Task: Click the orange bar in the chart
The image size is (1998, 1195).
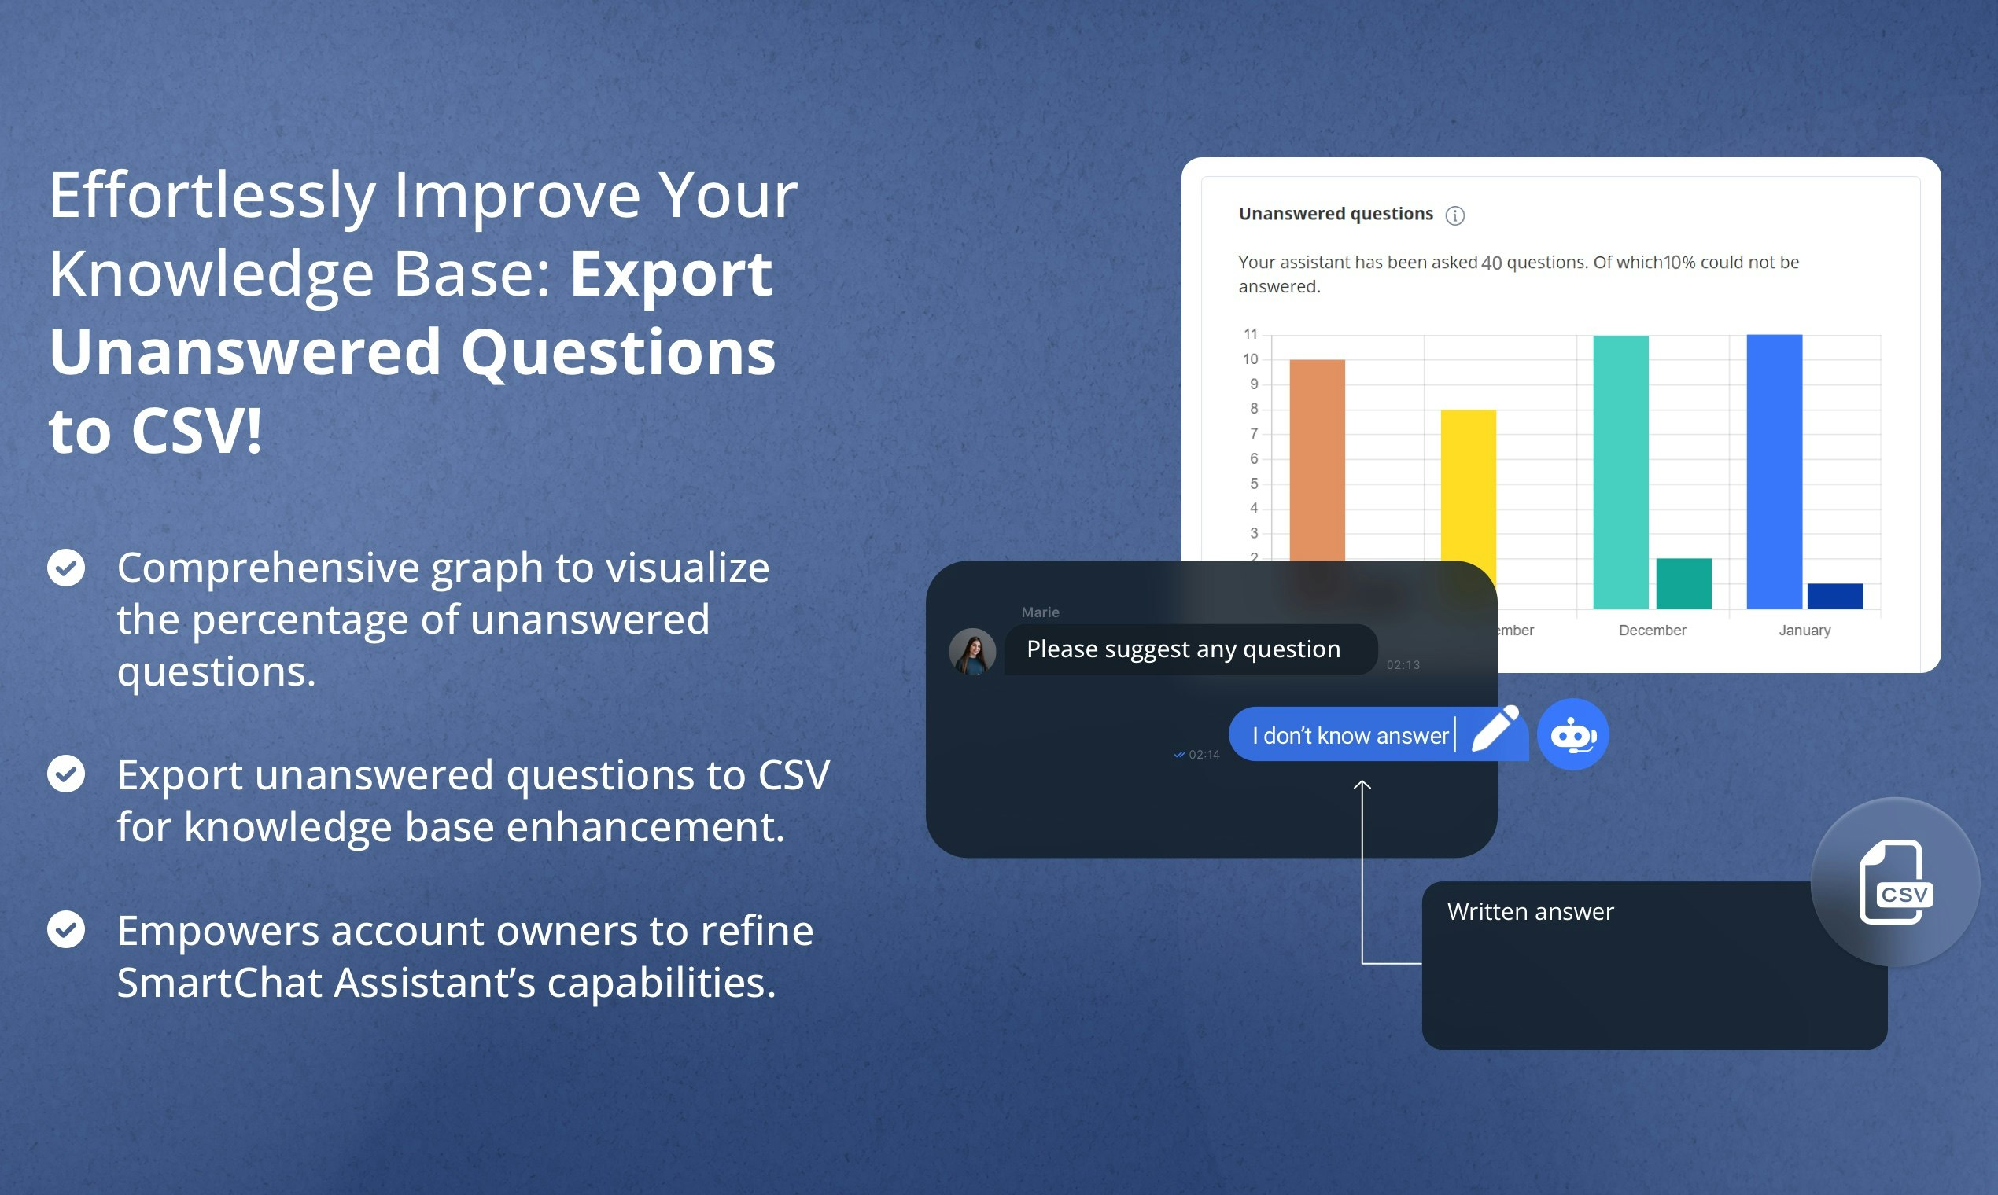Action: (x=1318, y=460)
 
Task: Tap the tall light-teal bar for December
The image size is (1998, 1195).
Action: (x=1621, y=472)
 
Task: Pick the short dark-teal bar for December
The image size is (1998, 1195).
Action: (x=1684, y=583)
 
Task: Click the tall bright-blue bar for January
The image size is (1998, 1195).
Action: (x=1774, y=471)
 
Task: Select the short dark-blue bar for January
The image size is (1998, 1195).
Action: (x=1835, y=596)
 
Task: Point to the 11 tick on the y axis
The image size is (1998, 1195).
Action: (x=1251, y=333)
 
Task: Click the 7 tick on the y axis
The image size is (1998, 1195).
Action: (x=1254, y=433)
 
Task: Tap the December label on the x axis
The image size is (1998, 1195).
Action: (x=1653, y=630)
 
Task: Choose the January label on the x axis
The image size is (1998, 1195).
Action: (x=1804, y=630)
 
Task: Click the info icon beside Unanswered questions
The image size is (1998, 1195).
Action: (x=1455, y=215)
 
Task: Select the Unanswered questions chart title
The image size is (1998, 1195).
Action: (x=1336, y=213)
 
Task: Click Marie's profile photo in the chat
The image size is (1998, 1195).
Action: (x=972, y=652)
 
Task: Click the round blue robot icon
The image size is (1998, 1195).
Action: (x=1572, y=734)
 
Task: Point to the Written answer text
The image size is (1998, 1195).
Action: (x=1530, y=911)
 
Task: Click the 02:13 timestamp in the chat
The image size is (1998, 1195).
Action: (x=1403, y=664)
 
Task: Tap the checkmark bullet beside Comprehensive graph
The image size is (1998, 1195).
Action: (x=66, y=568)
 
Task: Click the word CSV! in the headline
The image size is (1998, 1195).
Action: (x=197, y=430)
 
